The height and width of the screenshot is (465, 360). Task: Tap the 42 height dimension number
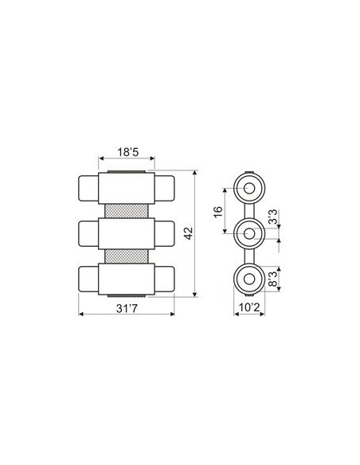point(188,232)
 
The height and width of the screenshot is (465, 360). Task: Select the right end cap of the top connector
point(166,188)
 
